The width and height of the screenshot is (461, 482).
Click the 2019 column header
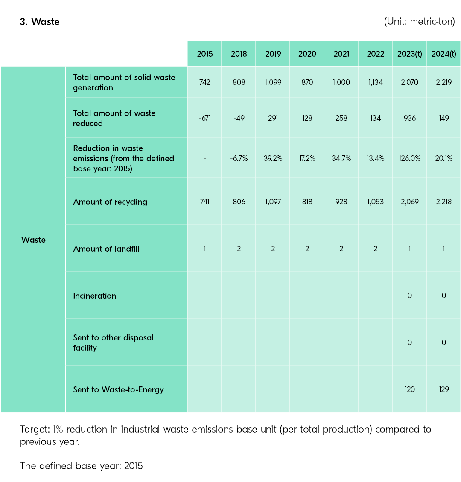tap(273, 54)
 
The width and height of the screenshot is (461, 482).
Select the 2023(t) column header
tap(409, 54)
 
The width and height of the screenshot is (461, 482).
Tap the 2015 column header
tap(204, 54)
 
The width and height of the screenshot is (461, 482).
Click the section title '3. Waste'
tap(40, 22)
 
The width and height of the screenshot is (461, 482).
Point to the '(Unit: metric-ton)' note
tap(419, 21)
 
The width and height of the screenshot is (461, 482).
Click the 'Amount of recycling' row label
tap(110, 202)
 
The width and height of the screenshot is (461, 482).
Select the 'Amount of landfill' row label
tap(106, 249)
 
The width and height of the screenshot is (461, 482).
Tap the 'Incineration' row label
tap(94, 296)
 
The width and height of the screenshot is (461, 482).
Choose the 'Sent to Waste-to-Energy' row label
tap(118, 389)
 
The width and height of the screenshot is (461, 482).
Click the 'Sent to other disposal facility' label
tap(113, 343)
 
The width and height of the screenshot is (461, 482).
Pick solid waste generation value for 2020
tap(307, 82)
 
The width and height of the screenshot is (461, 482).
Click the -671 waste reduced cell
tap(204, 118)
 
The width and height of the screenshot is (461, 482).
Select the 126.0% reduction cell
tap(409, 158)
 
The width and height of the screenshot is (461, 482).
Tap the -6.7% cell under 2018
tap(239, 158)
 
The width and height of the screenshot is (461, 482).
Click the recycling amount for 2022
tap(375, 202)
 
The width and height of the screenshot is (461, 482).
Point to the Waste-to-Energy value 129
tap(443, 389)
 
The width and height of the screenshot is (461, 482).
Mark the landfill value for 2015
tap(204, 249)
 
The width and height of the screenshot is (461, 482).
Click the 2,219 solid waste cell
tap(443, 82)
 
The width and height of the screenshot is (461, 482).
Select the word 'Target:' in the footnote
tap(33, 429)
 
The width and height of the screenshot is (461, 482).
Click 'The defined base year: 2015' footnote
tap(81, 466)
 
